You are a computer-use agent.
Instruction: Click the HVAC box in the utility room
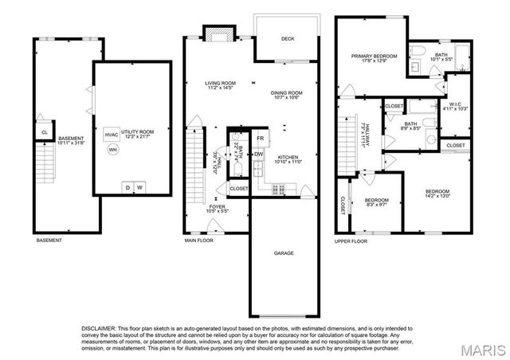(111, 135)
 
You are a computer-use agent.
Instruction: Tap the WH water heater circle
(112, 150)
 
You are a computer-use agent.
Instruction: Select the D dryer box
(127, 187)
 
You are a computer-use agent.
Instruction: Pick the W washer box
(139, 187)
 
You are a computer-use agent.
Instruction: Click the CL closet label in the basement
(45, 132)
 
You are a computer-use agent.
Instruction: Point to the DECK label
(288, 38)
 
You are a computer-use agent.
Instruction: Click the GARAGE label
(284, 253)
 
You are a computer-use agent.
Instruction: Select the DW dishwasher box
(259, 154)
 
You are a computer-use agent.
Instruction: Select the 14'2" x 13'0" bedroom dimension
(437, 196)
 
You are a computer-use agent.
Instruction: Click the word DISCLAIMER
(98, 328)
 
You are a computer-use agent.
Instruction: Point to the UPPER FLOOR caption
(351, 240)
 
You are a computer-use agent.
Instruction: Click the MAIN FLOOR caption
(201, 240)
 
